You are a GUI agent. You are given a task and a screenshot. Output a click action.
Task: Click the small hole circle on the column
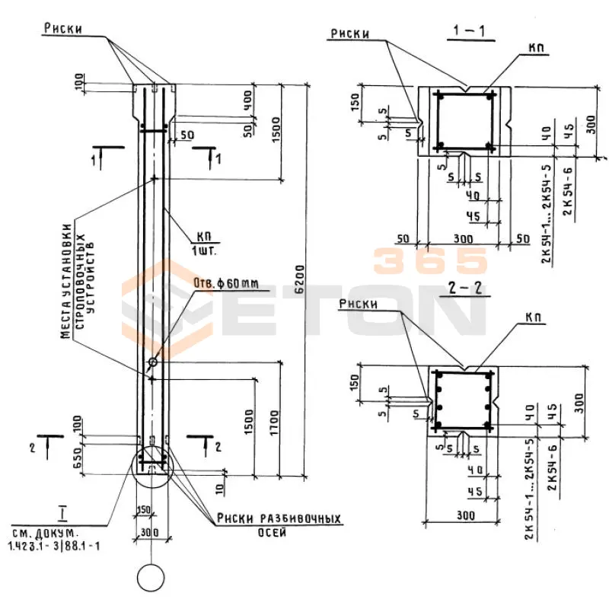coord(153,361)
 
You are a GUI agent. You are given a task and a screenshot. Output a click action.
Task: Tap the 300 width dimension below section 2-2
coord(466,515)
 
